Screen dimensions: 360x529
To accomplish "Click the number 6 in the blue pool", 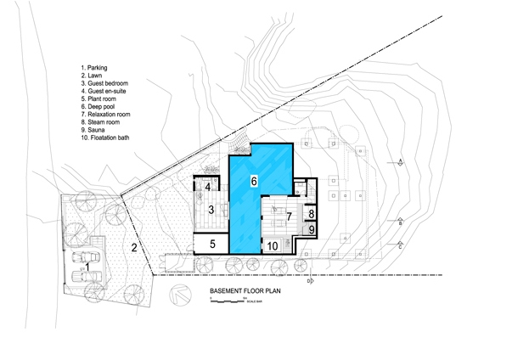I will point(253,181).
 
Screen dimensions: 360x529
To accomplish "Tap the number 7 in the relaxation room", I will point(289,217).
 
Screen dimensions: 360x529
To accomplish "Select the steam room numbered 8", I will point(312,214).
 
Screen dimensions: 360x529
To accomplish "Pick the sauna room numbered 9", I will point(312,229).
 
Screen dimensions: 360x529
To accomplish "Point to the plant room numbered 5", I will point(213,245).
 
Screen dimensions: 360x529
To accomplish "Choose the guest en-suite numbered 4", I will point(207,188).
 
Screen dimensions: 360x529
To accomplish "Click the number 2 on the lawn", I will point(134,248).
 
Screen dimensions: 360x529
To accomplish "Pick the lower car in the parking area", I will point(85,276).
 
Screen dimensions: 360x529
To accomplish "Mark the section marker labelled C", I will point(399,246).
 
